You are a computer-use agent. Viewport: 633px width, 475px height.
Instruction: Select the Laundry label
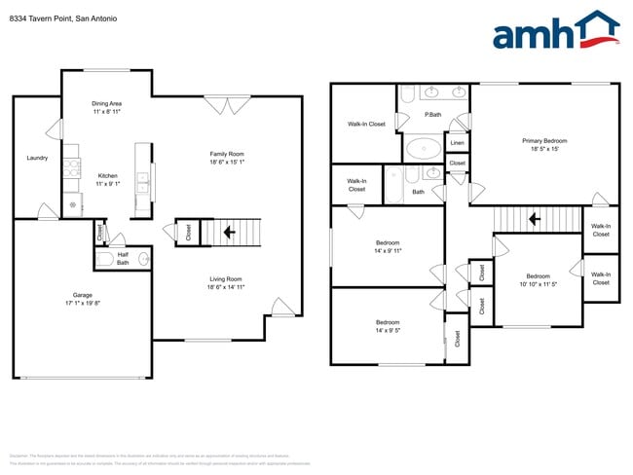tap(37, 158)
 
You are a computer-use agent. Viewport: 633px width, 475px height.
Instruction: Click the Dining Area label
tap(106, 107)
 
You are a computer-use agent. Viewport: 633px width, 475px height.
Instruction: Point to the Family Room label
tap(227, 158)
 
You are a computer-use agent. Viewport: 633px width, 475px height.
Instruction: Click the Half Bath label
tap(123, 258)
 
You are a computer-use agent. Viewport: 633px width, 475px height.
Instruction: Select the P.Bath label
tap(432, 116)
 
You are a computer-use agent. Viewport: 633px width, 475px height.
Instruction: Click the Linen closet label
tap(457, 143)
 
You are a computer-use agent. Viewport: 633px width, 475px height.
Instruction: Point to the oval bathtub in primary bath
tap(422, 149)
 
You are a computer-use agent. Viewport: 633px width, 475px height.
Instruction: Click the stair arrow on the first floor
tap(229, 232)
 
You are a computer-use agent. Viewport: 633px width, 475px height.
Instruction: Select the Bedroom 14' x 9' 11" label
tap(388, 247)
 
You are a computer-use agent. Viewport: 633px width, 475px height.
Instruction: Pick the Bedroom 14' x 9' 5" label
tap(388, 326)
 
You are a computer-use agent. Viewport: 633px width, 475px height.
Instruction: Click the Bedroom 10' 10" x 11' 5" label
tap(539, 280)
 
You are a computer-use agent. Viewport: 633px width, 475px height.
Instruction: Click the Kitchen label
tap(106, 179)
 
